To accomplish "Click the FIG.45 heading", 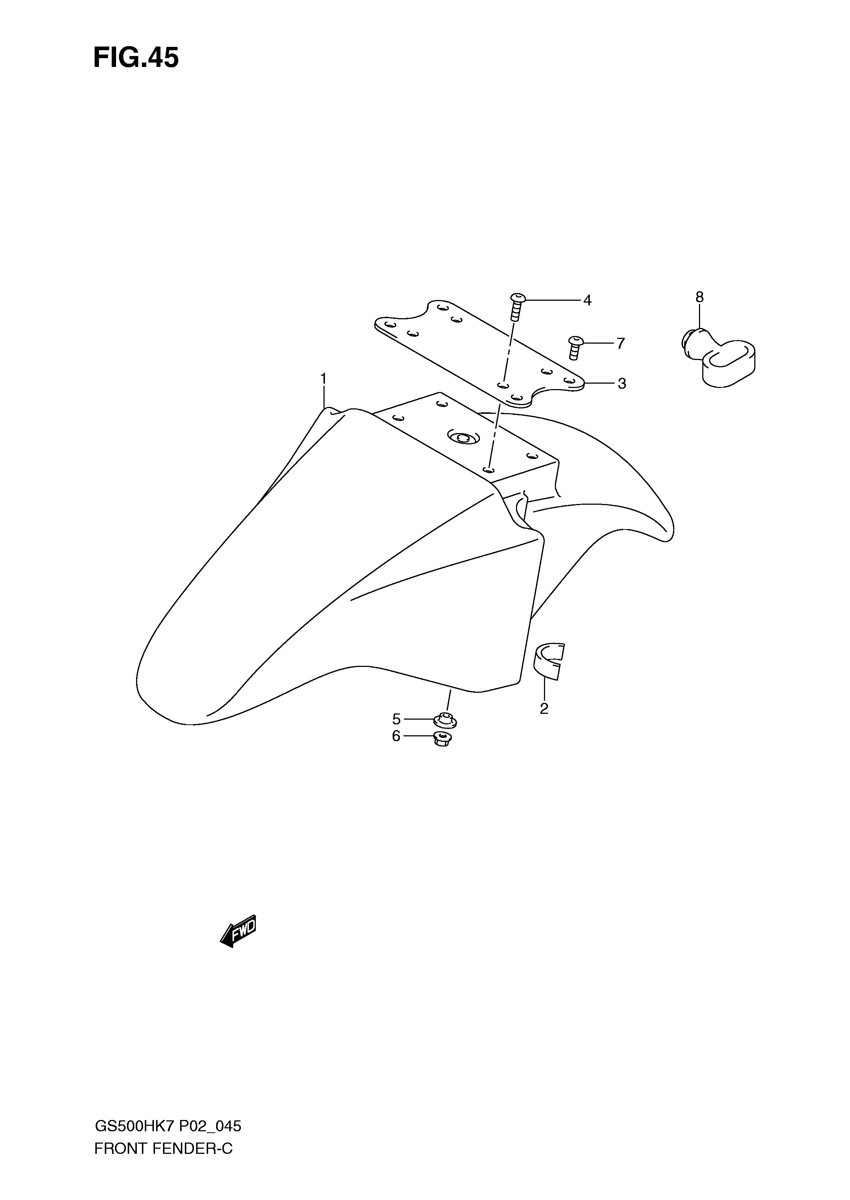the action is click(x=136, y=58).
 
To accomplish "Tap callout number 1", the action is click(x=323, y=378).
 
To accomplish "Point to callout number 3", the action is click(x=622, y=383).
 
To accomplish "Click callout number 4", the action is click(x=587, y=300).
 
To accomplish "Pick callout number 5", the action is click(x=396, y=719).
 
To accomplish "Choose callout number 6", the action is click(x=396, y=736).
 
